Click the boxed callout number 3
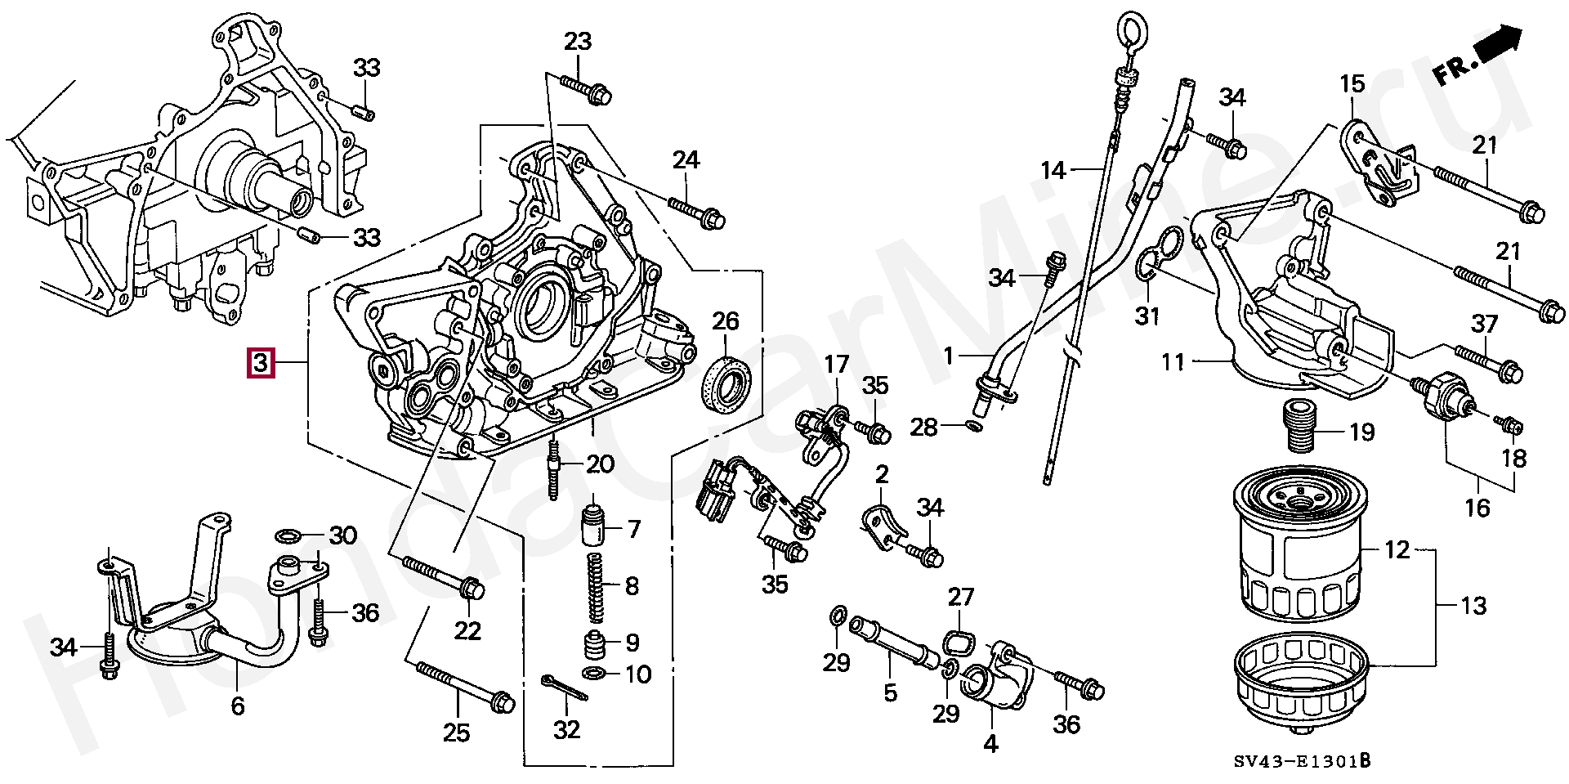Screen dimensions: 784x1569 coord(260,362)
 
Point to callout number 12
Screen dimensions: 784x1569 coord(1397,550)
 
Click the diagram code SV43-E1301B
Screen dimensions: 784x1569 coord(1301,762)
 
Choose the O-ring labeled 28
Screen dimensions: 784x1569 coord(972,426)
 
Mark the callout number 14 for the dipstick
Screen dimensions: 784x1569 coord(1054,170)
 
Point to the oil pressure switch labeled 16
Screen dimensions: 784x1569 coord(1446,401)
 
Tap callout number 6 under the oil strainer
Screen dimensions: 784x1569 coord(237,706)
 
